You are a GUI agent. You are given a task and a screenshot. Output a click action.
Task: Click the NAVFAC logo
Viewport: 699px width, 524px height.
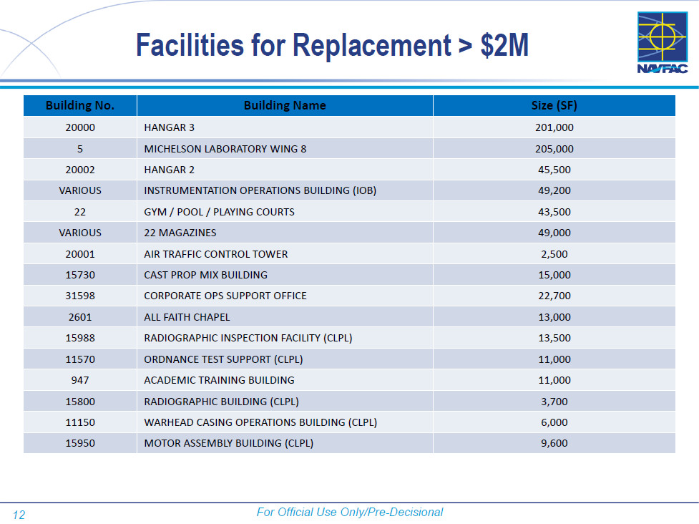coord(663,43)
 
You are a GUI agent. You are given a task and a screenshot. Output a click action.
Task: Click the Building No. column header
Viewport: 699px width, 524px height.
coord(80,106)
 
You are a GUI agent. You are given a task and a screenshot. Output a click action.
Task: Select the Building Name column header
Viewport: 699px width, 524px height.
coord(285,106)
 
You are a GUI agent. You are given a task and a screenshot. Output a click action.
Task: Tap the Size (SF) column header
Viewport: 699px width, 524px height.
coord(554,106)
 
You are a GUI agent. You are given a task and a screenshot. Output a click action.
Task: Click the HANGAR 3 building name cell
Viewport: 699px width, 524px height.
coord(170,128)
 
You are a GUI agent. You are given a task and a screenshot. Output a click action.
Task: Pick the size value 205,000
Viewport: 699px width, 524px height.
coord(554,149)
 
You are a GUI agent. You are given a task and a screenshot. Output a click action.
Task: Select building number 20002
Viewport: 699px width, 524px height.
coord(80,170)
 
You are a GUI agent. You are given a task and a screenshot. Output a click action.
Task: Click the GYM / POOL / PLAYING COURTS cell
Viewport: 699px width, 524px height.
coord(219,212)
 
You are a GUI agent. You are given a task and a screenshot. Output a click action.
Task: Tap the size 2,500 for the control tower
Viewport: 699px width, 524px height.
coord(554,254)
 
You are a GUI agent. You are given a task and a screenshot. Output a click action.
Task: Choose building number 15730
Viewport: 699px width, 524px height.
coord(80,275)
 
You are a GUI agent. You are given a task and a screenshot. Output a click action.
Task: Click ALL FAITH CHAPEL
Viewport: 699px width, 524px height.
coord(187,317)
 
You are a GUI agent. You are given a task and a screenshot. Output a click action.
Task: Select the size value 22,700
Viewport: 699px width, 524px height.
coord(554,296)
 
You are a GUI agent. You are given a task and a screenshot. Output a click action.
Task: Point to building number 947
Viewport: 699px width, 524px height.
coord(80,380)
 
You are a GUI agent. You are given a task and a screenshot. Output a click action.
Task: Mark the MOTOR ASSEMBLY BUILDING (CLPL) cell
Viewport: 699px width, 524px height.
coord(229,443)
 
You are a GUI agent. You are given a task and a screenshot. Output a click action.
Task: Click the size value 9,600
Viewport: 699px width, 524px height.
coord(554,443)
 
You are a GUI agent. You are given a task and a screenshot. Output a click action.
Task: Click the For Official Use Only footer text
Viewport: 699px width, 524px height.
coord(350,512)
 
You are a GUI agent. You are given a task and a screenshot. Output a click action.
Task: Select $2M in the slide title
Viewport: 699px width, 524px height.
coord(504,45)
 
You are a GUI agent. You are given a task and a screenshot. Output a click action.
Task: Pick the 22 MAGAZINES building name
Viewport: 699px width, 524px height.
coord(180,233)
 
